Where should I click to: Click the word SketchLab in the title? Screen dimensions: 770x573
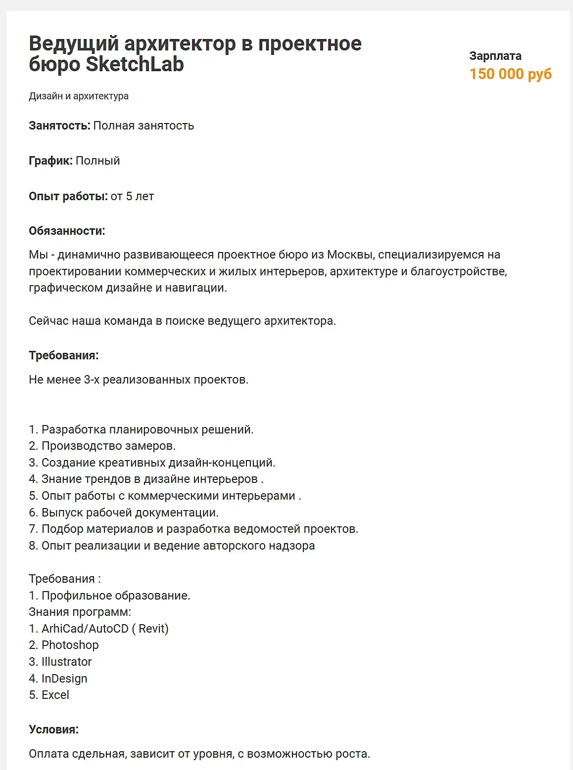135,64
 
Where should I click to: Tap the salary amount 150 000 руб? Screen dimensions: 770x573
510,74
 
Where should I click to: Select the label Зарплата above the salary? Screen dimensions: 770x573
495,56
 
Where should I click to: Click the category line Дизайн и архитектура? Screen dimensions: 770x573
79,96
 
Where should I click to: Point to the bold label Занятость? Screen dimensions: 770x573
59,126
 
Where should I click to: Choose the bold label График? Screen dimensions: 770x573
50,161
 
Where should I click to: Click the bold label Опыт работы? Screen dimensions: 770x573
68,196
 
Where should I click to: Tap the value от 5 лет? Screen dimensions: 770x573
132,196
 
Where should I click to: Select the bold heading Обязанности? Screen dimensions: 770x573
67,231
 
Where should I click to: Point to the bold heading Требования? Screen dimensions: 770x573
63,355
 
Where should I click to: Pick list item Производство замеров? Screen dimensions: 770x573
108,446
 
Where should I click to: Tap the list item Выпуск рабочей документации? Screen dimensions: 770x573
130,513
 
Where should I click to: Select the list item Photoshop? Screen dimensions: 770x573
70,645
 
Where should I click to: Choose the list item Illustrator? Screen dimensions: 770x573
66,662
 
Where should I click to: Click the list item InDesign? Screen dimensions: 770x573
64,679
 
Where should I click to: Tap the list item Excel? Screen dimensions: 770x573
55,695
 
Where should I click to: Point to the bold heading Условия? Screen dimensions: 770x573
53,729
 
